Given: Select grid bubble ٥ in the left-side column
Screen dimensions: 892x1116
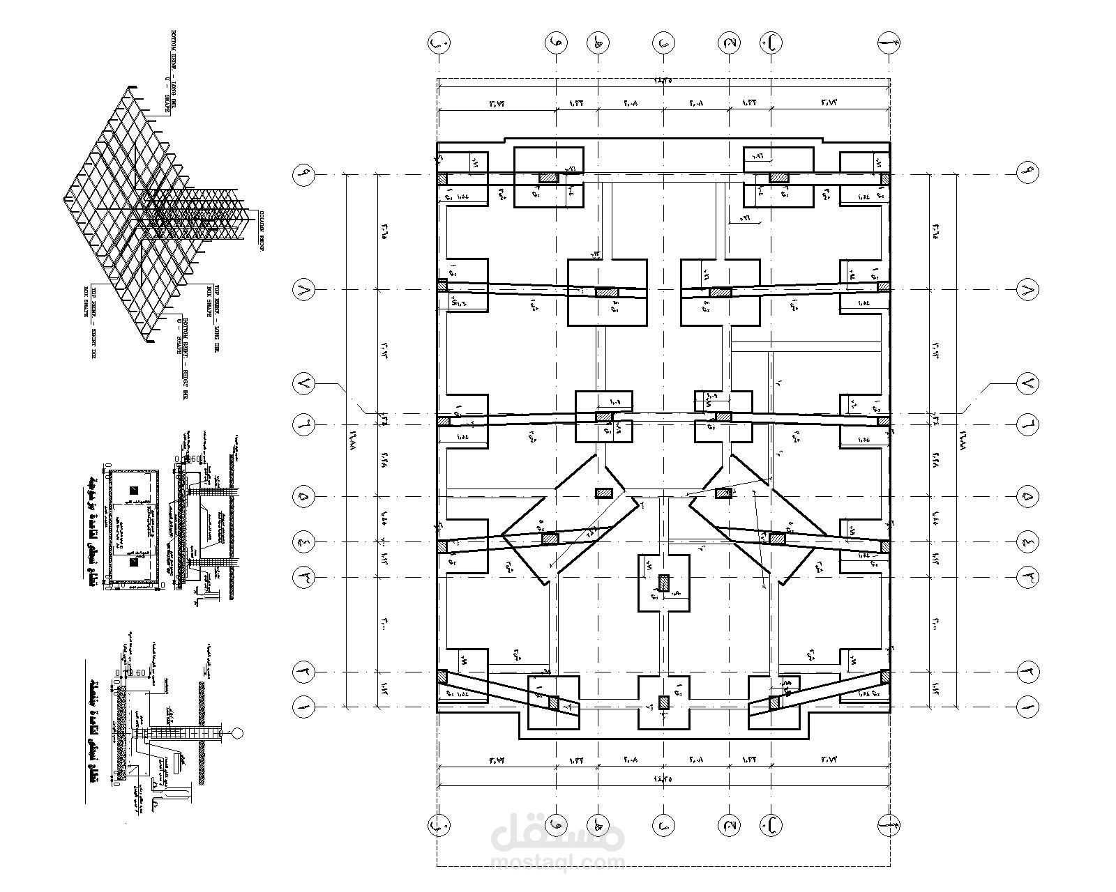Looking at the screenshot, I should coord(305,497).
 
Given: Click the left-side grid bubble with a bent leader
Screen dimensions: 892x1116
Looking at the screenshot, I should coord(305,383).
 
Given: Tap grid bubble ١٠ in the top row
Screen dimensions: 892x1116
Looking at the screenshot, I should coord(438,43).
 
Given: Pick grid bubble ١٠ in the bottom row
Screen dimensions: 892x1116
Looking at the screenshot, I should coord(438,826).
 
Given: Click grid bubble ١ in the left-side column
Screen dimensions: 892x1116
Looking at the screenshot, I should coord(305,707).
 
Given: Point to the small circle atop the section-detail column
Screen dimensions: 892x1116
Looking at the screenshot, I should coord(237,732).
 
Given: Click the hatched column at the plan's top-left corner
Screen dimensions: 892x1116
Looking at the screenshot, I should coord(442,178).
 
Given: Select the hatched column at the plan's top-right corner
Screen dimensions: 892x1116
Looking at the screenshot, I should coord(885,178).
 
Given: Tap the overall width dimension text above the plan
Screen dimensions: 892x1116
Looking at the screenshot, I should coord(663,80).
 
